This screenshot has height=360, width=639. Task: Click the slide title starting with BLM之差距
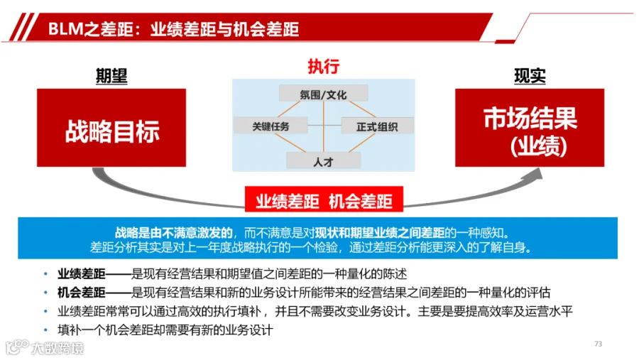173,29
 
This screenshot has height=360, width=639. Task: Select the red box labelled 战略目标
111,128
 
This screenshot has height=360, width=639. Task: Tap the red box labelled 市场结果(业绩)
530,128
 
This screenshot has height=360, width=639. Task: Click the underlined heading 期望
111,76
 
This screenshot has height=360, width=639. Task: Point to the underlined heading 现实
530,76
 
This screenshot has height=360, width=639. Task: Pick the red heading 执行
324,67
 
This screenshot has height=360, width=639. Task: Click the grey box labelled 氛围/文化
324,93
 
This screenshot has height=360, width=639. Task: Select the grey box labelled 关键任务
271,125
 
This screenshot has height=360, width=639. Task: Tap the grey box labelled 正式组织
377,126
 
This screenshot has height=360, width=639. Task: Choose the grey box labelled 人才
324,160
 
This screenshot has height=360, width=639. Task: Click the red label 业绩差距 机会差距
324,200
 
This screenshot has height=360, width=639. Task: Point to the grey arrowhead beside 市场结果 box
533,175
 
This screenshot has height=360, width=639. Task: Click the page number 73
599,344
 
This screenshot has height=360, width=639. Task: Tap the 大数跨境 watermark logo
45,347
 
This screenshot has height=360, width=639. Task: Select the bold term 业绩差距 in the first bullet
81,273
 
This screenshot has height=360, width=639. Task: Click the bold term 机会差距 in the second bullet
81,293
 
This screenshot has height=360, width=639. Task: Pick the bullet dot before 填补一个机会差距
45,330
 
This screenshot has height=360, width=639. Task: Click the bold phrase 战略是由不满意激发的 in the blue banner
174,233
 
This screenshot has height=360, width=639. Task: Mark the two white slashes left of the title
23,27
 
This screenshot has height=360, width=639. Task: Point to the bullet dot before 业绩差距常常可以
45,312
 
